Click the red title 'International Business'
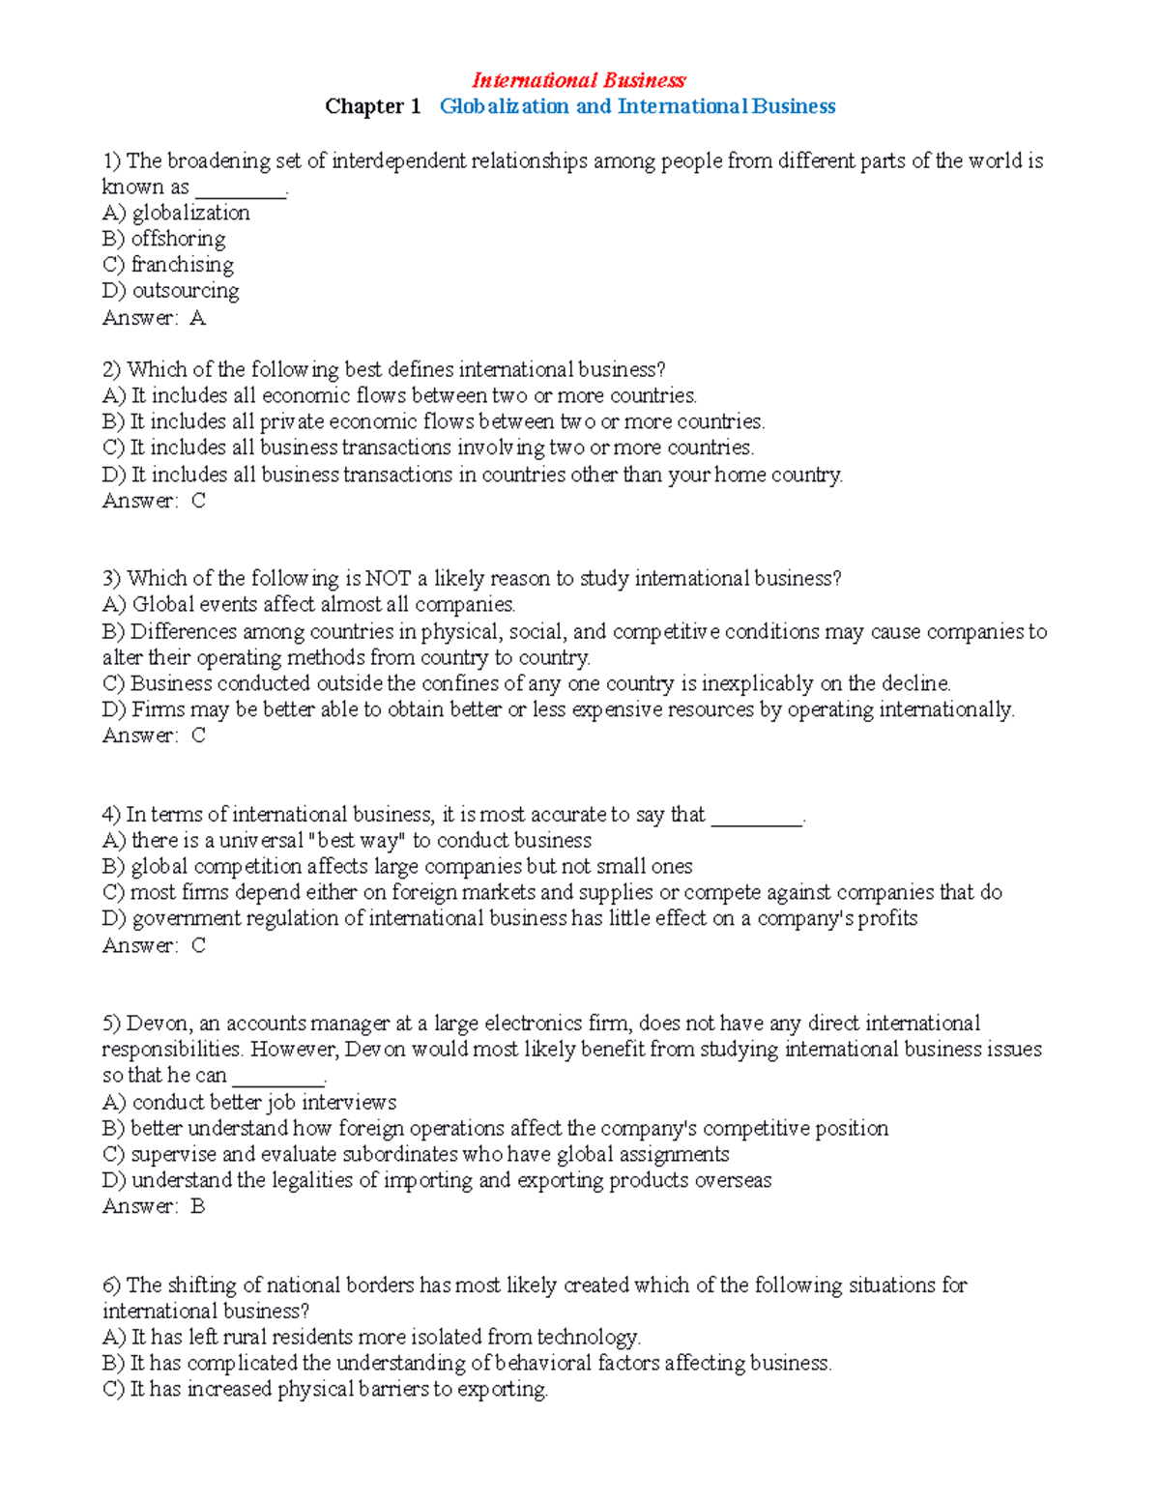click(578, 80)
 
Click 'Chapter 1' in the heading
click(372, 106)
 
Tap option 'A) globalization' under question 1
click(176, 213)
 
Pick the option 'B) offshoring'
click(163, 239)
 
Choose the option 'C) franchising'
click(167, 265)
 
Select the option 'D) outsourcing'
click(170, 291)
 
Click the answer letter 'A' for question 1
click(197, 318)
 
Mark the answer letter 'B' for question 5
click(197, 1206)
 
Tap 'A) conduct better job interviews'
click(248, 1102)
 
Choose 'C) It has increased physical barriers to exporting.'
click(325, 1389)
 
